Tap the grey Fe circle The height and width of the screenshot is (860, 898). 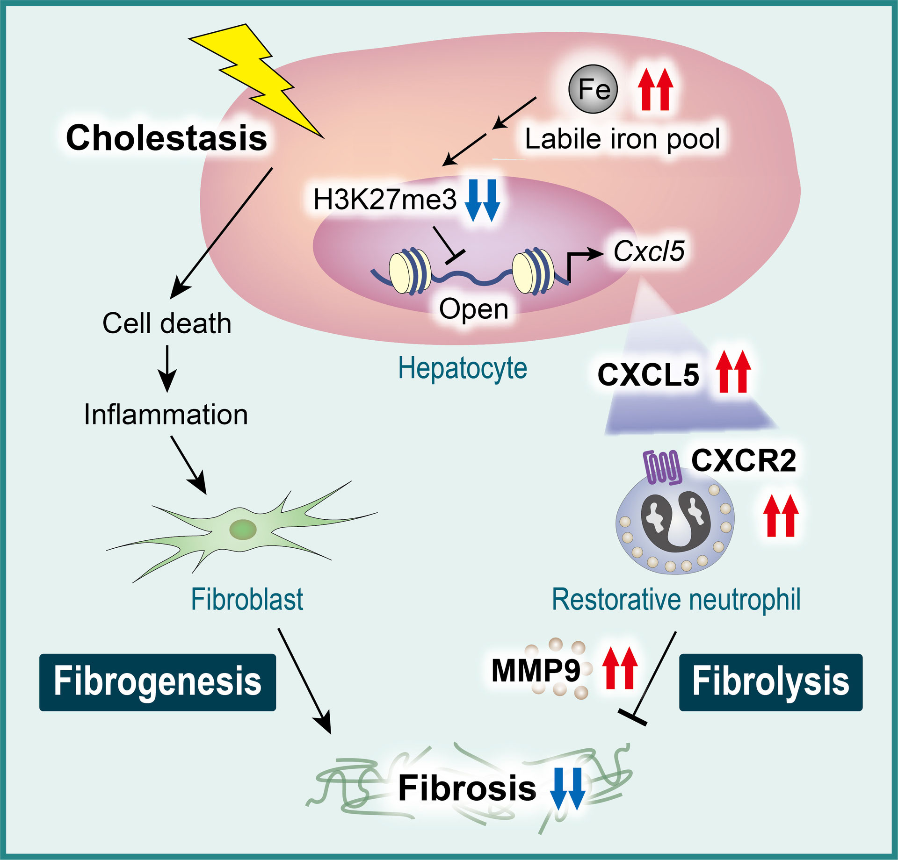point(593,89)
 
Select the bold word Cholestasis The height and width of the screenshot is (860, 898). point(167,138)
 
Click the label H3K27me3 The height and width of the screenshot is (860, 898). point(384,200)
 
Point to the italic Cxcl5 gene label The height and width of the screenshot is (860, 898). point(649,251)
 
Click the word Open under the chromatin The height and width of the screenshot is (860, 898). point(473,309)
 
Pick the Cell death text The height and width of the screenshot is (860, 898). point(167,323)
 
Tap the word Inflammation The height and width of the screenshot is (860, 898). point(166,415)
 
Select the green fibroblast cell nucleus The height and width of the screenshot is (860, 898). point(243,530)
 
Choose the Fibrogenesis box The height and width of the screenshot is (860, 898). point(158,682)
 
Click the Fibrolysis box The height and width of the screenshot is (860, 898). point(770,682)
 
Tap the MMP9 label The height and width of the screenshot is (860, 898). point(536,671)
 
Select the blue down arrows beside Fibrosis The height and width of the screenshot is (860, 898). point(567,788)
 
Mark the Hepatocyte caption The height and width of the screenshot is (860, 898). point(462,368)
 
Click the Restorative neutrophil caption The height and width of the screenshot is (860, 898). point(676,600)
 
